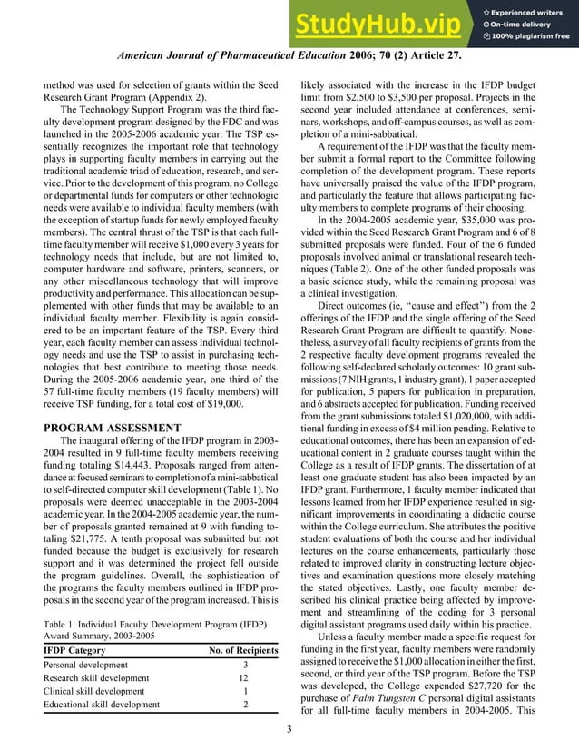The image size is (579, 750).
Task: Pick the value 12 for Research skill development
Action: (x=243, y=678)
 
